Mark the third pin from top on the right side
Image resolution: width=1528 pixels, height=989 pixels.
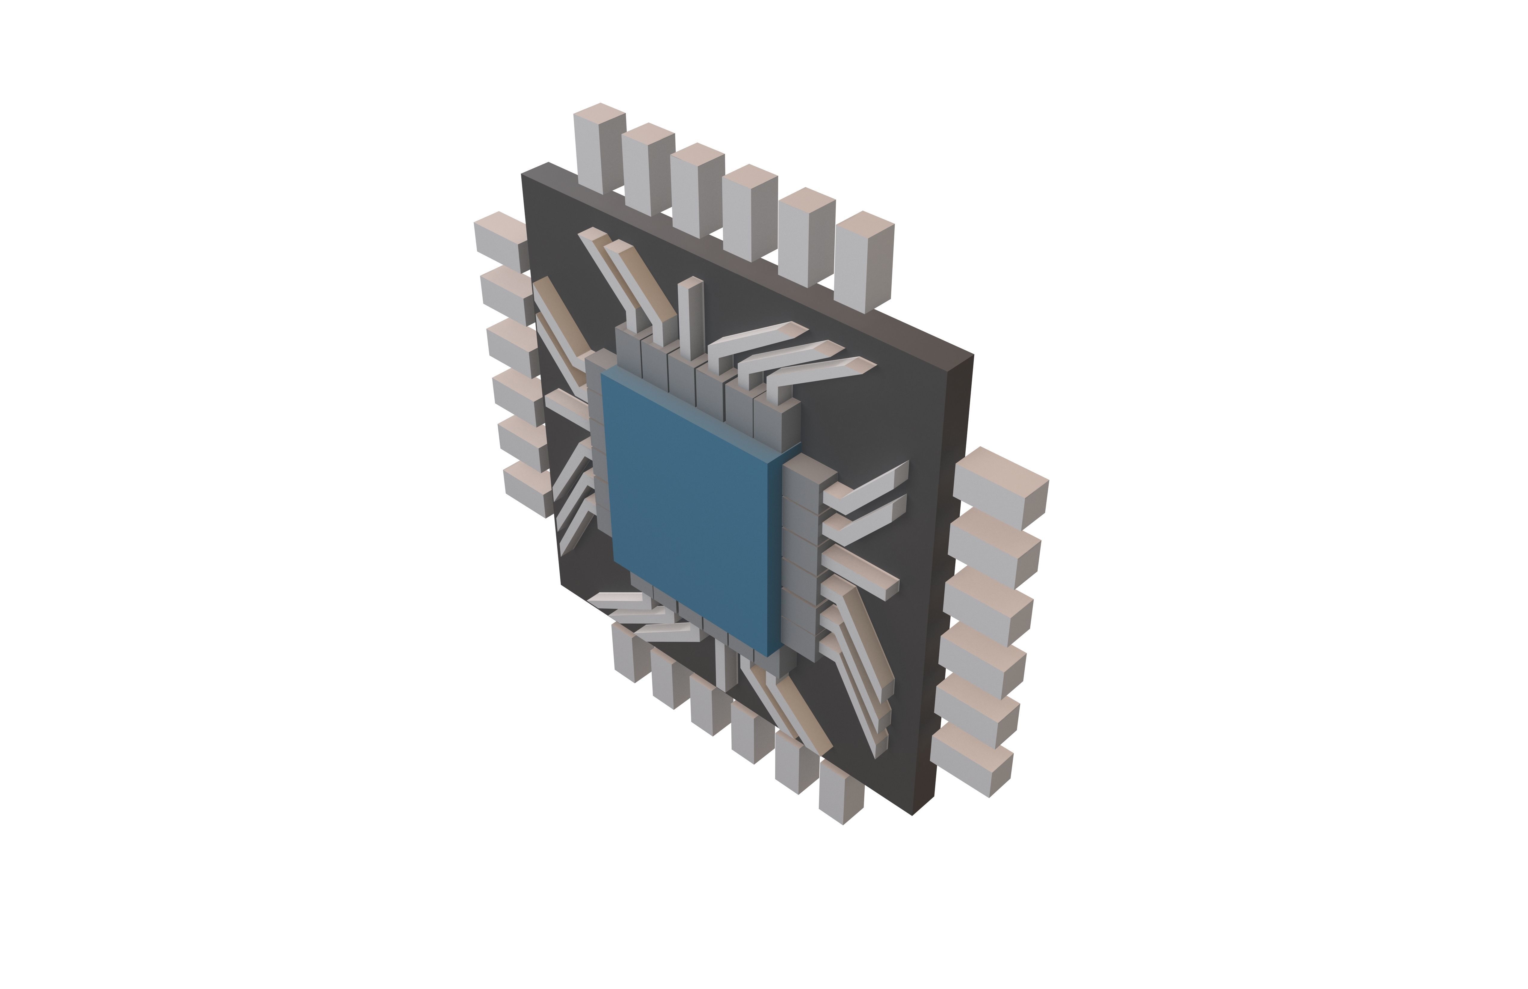click(989, 604)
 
